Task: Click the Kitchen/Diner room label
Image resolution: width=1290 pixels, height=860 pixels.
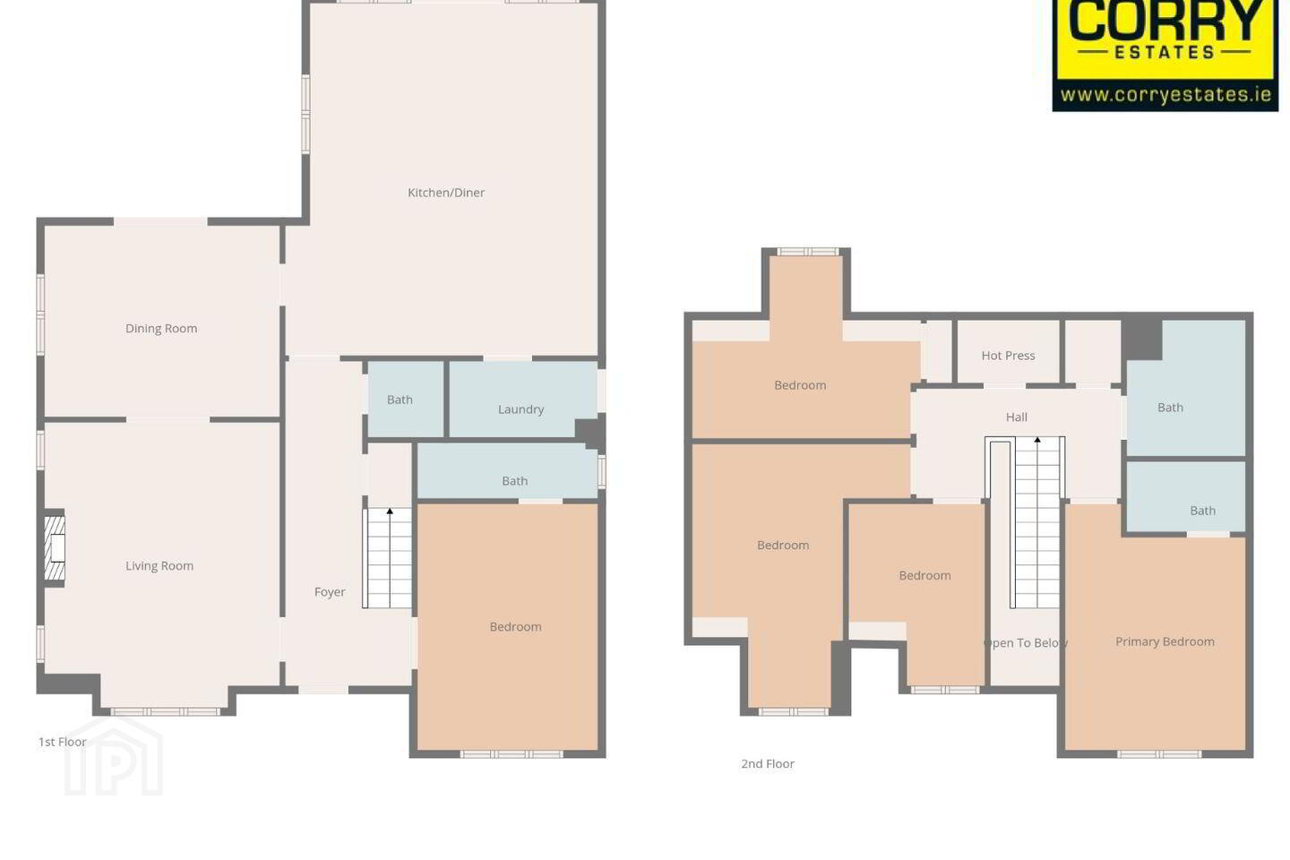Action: click(x=446, y=193)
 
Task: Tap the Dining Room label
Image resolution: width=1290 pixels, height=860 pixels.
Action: click(x=161, y=329)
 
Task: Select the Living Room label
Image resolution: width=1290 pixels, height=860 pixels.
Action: click(x=159, y=565)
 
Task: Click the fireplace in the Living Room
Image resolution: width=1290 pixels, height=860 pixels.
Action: click(x=55, y=547)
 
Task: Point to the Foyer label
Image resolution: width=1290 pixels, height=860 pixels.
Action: click(x=330, y=591)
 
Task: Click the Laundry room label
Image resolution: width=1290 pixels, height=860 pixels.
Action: click(x=520, y=409)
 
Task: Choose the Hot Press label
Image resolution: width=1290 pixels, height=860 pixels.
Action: click(x=1008, y=356)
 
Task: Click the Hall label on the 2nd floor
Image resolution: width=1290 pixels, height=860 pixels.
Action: click(x=1017, y=417)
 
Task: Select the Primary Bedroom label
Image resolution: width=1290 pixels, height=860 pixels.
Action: click(x=1165, y=641)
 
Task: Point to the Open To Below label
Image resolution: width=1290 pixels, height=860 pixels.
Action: click(x=1026, y=643)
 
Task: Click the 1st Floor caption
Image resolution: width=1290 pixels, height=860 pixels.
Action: click(x=62, y=742)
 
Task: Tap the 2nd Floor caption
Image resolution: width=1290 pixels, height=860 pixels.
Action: click(x=768, y=764)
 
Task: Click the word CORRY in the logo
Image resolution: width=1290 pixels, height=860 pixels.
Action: click(x=1165, y=21)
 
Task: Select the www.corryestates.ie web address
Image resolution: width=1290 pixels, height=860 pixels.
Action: click(x=1165, y=94)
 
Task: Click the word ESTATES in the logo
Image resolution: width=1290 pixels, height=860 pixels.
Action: click(x=1165, y=53)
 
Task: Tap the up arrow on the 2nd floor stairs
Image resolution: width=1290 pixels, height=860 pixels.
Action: click(x=1037, y=440)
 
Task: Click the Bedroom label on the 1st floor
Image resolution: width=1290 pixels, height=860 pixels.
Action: click(x=515, y=627)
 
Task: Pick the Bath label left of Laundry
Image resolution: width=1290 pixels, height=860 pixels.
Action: click(x=400, y=400)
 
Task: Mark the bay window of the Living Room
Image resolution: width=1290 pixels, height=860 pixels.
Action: click(x=165, y=712)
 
